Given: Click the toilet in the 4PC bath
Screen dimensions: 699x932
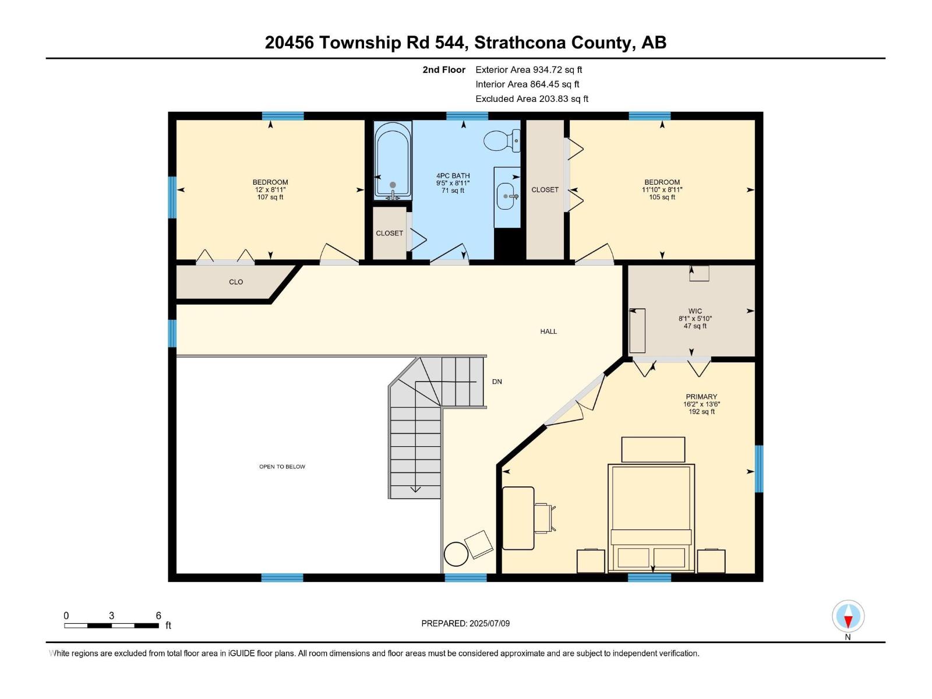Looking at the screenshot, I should click(501, 140).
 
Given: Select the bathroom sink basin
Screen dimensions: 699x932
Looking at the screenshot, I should click(506, 196).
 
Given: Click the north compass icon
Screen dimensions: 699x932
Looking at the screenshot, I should click(848, 617).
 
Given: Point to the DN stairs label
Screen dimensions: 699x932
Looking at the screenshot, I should click(497, 382).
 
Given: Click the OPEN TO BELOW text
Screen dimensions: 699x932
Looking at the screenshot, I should click(282, 467).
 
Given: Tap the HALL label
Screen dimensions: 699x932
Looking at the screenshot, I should click(548, 331).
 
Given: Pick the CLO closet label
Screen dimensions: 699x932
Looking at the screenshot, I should click(236, 282).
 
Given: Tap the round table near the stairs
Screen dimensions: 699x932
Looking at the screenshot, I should click(456, 553).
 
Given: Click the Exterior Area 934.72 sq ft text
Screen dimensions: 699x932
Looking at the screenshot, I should click(529, 70).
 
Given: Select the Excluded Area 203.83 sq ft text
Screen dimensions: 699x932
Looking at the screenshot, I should click(532, 99).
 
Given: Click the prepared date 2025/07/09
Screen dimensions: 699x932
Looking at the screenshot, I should click(465, 623).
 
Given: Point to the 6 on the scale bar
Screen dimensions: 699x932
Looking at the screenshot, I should click(158, 616).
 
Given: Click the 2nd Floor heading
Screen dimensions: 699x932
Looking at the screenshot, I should click(444, 70).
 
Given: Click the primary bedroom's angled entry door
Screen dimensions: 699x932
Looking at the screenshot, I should click(574, 402).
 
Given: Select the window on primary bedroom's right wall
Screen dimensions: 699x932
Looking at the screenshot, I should click(759, 468).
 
